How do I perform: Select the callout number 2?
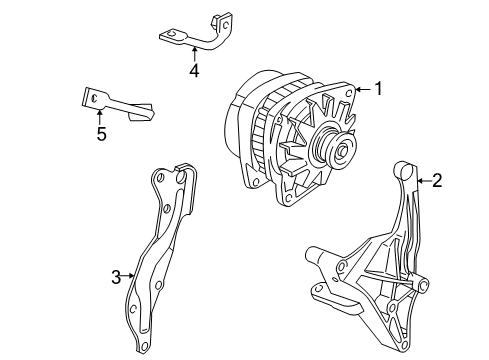437,181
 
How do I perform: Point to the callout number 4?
194,71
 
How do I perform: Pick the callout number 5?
101,133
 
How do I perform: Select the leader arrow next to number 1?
362,89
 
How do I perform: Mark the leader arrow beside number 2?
422,181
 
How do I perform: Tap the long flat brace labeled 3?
160,240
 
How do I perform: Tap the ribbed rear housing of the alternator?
250,130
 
